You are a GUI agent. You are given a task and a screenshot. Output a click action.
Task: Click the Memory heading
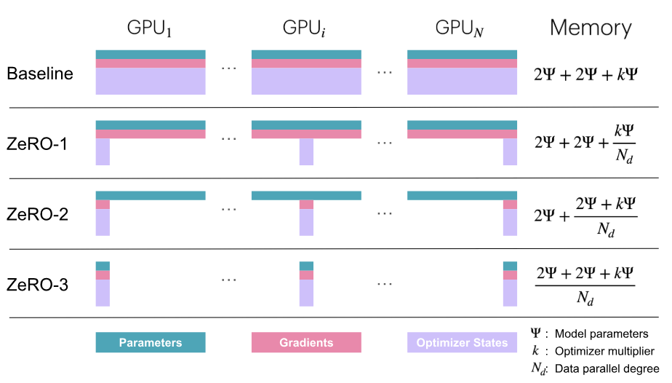pos(590,28)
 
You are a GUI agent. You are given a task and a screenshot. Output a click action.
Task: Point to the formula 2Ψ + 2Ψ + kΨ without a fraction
pos(585,73)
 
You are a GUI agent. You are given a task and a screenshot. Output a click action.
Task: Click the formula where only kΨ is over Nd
pos(585,143)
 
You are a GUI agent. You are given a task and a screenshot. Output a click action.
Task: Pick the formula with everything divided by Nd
pos(585,285)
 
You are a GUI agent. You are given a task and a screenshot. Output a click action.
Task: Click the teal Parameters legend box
pos(151,343)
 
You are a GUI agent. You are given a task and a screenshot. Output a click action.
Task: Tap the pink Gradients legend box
pos(306,343)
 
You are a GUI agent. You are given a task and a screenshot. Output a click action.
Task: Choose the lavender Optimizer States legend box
pos(462,343)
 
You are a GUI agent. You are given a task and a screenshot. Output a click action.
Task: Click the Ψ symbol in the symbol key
pos(536,333)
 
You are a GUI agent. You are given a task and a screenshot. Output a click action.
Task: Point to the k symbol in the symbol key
pos(536,350)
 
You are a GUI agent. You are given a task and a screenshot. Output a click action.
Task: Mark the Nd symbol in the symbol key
pos(538,369)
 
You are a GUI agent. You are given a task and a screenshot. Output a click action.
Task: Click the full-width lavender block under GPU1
pos(151,81)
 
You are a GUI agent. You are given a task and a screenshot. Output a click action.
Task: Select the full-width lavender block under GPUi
pos(306,81)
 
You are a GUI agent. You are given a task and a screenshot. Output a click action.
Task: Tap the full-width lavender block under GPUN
pos(462,81)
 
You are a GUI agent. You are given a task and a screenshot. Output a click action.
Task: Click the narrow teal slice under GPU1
pos(103,266)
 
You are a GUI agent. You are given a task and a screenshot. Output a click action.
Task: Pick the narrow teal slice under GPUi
pos(306,266)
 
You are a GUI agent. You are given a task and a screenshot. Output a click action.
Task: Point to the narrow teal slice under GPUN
pos(510,266)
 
